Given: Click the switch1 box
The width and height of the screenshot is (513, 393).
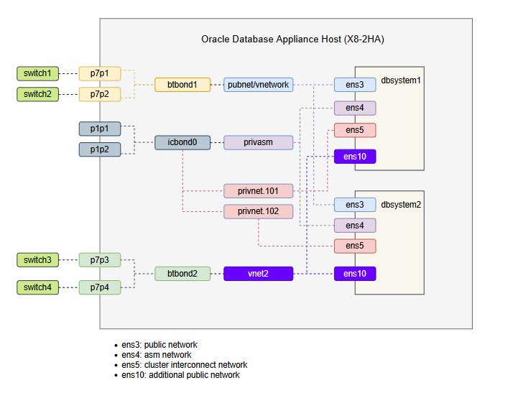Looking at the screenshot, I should coord(37,73).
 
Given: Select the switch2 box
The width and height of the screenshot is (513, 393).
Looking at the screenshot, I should coord(37,94).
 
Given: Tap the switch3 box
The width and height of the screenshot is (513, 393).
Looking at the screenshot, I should coord(37,259).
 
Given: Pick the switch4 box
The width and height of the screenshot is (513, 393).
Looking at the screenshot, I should coord(37,288).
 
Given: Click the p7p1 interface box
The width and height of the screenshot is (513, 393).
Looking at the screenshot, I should coord(100,73).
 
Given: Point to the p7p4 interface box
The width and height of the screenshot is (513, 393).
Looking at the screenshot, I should coord(100,288).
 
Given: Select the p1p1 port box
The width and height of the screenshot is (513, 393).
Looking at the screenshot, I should coord(100,129).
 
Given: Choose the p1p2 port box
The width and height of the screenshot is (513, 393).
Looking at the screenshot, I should coord(100,149).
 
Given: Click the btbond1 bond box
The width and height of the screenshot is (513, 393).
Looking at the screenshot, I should coord(182,85).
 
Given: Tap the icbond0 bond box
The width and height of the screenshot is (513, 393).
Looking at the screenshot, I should coord(182,142).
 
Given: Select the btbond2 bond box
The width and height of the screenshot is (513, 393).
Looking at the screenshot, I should coord(182,274).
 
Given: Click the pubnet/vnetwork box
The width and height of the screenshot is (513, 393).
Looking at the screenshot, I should coord(258,85).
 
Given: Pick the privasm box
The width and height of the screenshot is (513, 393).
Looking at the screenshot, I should coord(258,142).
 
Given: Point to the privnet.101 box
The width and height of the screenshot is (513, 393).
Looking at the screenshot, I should coord(258,191).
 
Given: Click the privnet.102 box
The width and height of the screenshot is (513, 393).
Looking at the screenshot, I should coord(258,211).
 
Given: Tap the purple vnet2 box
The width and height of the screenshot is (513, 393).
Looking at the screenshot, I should coord(258,274).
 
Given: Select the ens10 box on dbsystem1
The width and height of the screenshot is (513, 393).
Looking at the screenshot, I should coord(355,157).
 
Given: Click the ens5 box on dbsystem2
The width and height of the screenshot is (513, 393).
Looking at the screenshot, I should coord(355,246).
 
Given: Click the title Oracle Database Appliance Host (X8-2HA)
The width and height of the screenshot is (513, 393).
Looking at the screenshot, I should coord(292,39).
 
